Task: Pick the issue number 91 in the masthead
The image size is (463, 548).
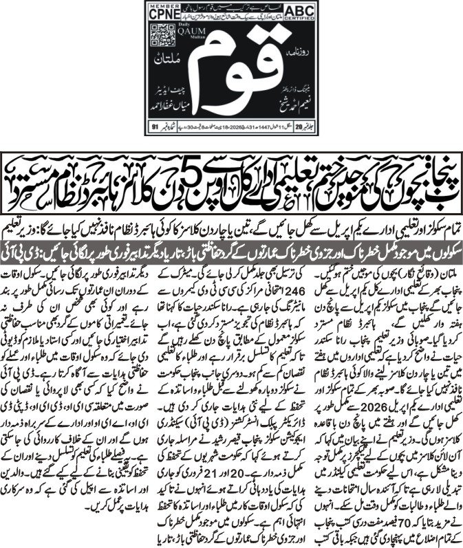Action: [156, 127]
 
